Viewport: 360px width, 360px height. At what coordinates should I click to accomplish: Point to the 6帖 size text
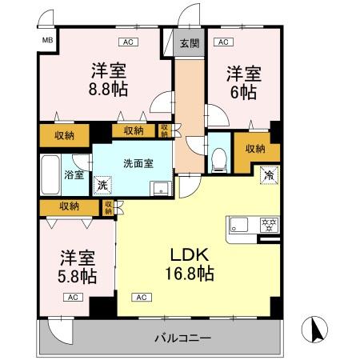point(244,92)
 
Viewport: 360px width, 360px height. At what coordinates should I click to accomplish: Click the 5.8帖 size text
point(77,277)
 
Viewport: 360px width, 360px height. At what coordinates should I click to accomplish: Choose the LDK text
point(189,255)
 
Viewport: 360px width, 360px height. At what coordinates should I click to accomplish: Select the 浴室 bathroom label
point(74,174)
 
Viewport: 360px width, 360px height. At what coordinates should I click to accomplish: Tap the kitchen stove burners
point(270,224)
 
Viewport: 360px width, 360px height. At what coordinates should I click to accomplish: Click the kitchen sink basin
point(240,224)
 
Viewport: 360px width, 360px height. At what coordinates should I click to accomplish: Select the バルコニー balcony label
point(183,338)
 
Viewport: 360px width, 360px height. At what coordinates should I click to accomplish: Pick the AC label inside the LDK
point(140,297)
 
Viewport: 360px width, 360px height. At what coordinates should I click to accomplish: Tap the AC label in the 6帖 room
point(223,42)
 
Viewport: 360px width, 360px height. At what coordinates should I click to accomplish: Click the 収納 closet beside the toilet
point(255,148)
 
